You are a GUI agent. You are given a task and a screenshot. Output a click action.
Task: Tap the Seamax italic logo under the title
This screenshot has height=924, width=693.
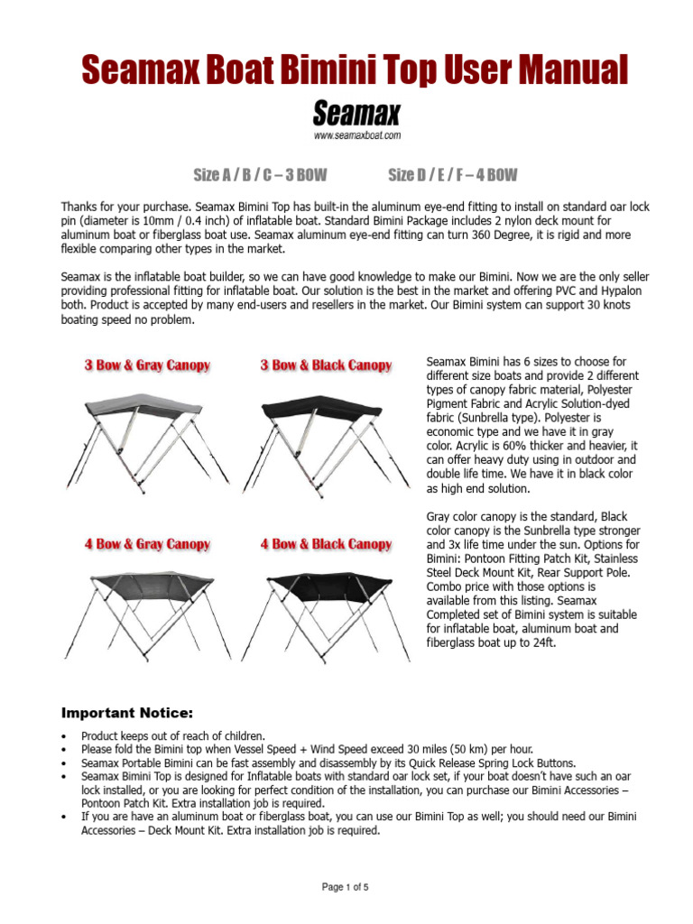356,114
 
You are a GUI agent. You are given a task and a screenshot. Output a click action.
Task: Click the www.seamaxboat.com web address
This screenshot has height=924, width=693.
356,136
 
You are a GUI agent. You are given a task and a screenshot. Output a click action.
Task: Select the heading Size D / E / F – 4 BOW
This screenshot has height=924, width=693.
453,175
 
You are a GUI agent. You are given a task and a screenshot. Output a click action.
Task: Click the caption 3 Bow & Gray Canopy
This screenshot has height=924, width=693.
147,365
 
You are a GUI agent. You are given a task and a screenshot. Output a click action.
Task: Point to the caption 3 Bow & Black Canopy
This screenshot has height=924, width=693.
326,365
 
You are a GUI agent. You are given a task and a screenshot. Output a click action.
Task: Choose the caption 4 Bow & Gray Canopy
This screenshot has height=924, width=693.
147,544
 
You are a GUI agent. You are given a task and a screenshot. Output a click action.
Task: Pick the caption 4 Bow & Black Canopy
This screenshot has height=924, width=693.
326,544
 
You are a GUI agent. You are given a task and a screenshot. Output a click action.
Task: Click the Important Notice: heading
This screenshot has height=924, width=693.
126,713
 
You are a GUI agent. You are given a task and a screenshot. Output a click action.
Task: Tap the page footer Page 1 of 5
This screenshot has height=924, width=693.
346,888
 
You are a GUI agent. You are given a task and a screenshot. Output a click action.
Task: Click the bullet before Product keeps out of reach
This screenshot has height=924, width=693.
64,736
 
